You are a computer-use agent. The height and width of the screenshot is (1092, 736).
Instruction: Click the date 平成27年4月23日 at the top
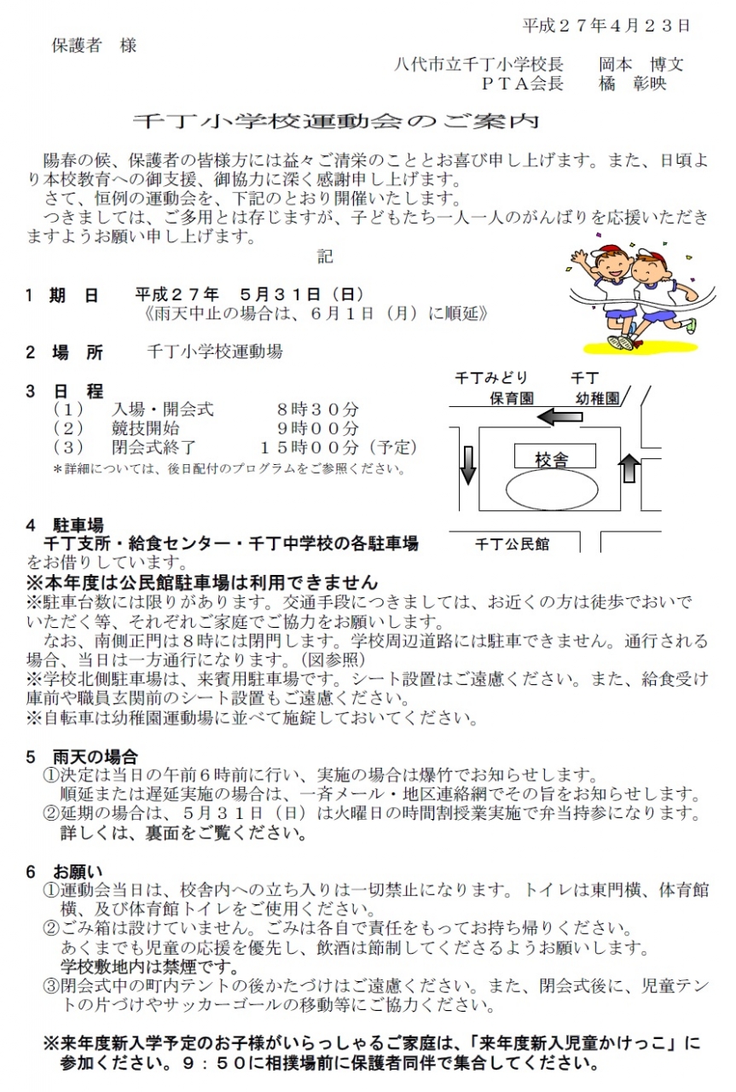[606, 26]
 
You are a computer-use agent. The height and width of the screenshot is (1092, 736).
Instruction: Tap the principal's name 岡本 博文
[641, 64]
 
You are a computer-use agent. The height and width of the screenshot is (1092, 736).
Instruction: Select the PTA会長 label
[523, 84]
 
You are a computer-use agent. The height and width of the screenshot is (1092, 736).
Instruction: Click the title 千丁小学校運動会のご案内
[336, 121]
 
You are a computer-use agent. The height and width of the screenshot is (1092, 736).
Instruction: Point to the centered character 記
[325, 257]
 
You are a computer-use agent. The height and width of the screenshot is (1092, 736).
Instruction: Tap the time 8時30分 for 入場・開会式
[318, 409]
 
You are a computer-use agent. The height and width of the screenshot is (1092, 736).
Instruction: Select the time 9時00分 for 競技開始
[318, 428]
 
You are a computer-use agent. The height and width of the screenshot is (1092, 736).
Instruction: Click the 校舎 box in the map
[554, 456]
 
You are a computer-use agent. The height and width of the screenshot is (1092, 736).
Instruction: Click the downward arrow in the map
[467, 466]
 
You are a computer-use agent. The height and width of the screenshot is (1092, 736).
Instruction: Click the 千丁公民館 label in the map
[512, 543]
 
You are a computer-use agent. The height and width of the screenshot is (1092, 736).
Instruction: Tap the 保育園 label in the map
[512, 398]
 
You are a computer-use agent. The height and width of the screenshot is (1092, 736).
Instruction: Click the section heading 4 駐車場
[65, 525]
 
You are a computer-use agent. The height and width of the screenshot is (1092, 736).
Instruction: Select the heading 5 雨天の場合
[82, 757]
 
